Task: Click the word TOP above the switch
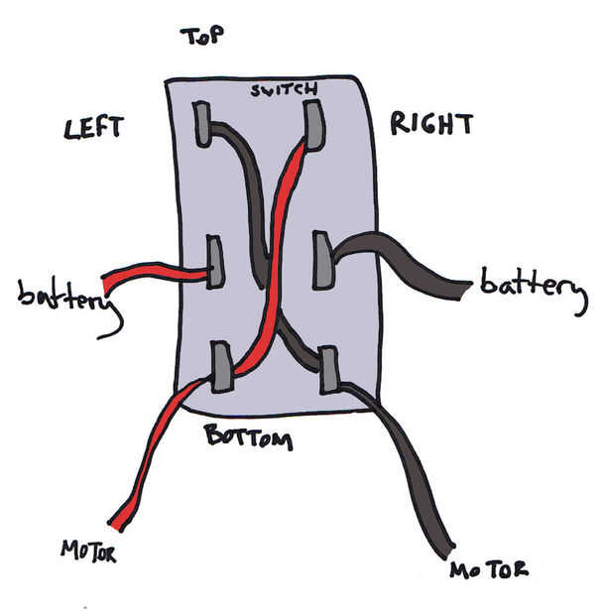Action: pyautogui.click(x=201, y=37)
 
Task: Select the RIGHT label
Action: pyautogui.click(x=431, y=125)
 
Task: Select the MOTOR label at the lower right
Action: pyautogui.click(x=488, y=569)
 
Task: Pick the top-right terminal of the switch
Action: pyautogui.click(x=314, y=125)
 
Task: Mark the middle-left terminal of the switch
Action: pyautogui.click(x=213, y=261)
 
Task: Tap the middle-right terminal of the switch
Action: pyautogui.click(x=323, y=259)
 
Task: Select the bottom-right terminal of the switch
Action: pyautogui.click(x=330, y=370)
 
